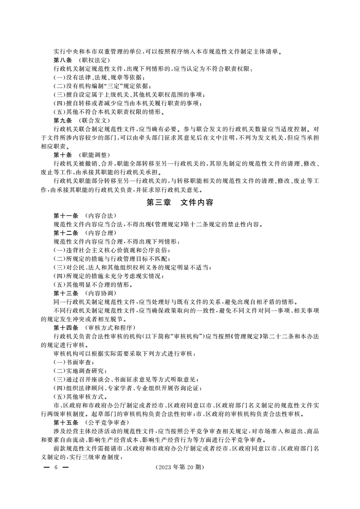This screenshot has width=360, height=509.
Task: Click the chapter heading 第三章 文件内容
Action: [x=180, y=204]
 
